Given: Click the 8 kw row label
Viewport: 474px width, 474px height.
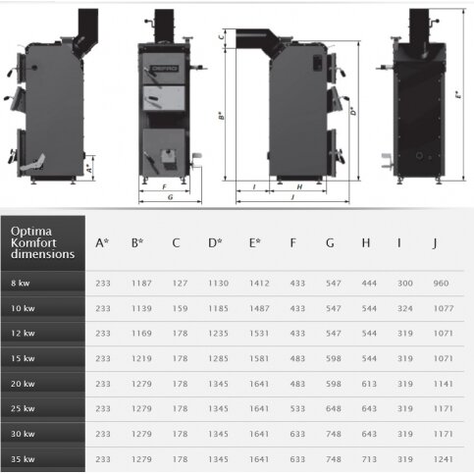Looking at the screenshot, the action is click(21, 283).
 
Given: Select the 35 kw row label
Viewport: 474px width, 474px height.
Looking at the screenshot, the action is click(23, 459).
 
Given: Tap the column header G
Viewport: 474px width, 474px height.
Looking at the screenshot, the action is click(330, 243).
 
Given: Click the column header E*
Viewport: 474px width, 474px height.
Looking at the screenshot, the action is click(255, 243).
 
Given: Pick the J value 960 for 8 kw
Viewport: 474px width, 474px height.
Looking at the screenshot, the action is click(441, 283).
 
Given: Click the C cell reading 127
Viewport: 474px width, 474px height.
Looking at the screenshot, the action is click(180, 283).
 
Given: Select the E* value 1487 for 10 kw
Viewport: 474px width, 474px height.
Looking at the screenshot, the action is click(259, 308).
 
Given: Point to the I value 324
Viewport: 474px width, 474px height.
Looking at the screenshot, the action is click(405, 308).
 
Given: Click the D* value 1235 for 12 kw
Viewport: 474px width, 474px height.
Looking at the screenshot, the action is click(218, 333).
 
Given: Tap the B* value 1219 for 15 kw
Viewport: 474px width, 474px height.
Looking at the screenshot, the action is click(141, 358).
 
